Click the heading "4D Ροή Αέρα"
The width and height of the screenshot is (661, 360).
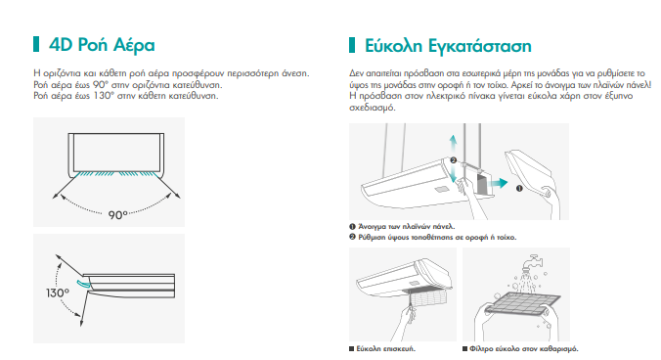(x=102, y=45)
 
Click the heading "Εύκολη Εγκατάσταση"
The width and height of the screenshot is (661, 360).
(x=448, y=46)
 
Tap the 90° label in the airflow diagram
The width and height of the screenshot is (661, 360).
(x=117, y=215)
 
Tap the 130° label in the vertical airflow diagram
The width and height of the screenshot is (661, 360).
(x=58, y=292)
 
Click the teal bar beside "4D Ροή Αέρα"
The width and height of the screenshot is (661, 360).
(x=36, y=44)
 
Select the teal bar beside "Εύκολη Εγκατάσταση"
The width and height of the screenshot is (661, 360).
(x=352, y=45)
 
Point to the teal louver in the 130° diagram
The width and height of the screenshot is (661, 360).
(x=82, y=284)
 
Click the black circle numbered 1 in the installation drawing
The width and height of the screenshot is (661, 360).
(x=519, y=189)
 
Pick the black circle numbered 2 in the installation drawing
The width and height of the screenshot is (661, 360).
(x=453, y=160)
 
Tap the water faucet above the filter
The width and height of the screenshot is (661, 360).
(x=532, y=262)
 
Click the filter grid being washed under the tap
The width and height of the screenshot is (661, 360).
(x=523, y=303)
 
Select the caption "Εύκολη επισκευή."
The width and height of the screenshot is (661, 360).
(x=385, y=348)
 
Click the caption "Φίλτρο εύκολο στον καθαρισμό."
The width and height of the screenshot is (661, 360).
(x=524, y=348)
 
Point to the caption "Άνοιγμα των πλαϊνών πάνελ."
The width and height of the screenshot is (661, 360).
(x=407, y=226)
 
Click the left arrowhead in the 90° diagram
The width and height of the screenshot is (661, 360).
(x=55, y=196)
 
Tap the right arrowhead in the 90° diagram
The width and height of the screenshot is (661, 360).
(x=178, y=196)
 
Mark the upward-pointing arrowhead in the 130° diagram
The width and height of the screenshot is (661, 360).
(x=58, y=257)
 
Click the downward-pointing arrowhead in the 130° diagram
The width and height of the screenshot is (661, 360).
(x=81, y=323)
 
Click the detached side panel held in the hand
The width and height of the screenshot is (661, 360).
(x=529, y=172)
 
